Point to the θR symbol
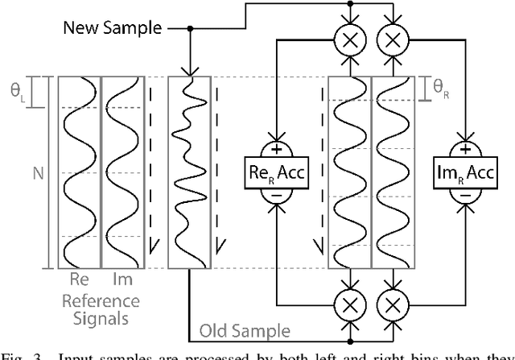point(440,92)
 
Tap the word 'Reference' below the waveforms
point(100,301)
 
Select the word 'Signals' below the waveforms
point(100,318)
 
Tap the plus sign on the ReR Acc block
point(278,148)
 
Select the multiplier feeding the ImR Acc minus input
point(392,304)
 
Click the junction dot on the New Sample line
point(190,28)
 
